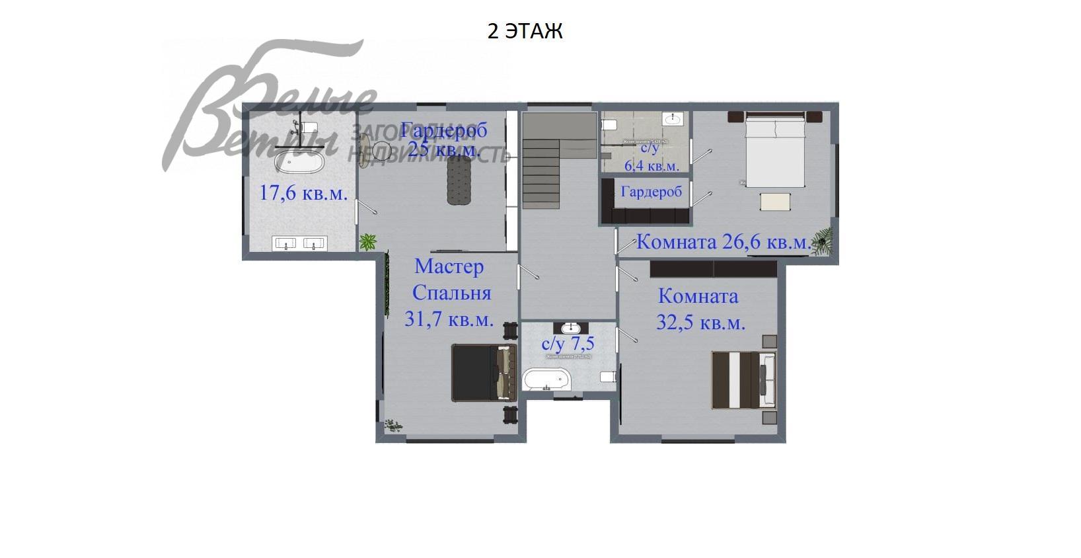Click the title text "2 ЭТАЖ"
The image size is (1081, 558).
pos(525,31)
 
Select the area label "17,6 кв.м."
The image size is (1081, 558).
pos(303,193)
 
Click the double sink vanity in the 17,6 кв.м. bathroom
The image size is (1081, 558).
pos(300,244)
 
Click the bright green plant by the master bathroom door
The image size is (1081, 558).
pos(367,241)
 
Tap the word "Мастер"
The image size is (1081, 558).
pos(449,266)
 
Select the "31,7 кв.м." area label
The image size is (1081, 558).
pos(449,319)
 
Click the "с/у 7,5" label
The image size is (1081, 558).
pos(568,344)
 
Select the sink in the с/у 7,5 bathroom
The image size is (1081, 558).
pos(571,328)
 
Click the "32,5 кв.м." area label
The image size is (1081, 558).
pos(700,323)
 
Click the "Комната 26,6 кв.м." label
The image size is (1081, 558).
pos(723,242)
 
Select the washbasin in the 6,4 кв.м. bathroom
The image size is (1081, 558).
pos(673,119)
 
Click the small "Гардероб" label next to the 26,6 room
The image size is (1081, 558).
pos(652,192)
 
